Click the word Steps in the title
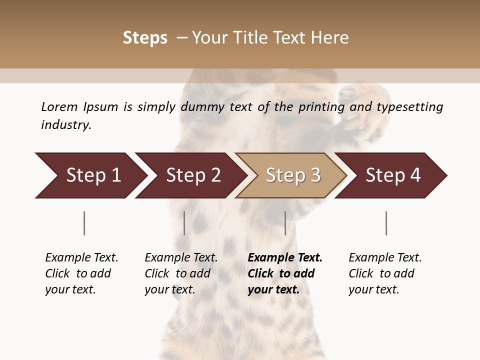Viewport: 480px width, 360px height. pyautogui.click(x=145, y=38)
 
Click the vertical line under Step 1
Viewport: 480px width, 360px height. pyautogui.click(x=84, y=223)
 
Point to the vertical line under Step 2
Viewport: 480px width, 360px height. pyautogui.click(x=184, y=223)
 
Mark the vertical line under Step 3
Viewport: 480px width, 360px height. pyautogui.click(x=285, y=223)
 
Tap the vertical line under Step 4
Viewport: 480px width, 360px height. pyautogui.click(x=386, y=223)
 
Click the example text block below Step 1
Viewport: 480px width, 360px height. pyautogui.click(x=81, y=273)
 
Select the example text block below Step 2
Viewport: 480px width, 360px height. pyautogui.click(x=180, y=273)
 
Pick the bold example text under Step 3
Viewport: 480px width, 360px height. pyautogui.click(x=284, y=273)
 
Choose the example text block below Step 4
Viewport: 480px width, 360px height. pyautogui.click(x=384, y=273)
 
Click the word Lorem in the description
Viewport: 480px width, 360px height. pyautogui.click(x=59, y=107)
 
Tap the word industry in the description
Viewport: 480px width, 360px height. pyautogui.click(x=66, y=125)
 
